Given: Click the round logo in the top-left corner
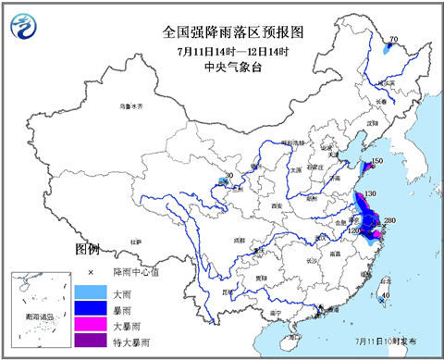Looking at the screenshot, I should (30, 32).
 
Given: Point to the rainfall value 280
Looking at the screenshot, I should (389, 220).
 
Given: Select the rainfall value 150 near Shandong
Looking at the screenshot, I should (376, 163).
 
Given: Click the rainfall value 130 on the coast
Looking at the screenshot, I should (370, 193).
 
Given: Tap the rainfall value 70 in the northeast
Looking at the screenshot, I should (393, 40).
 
